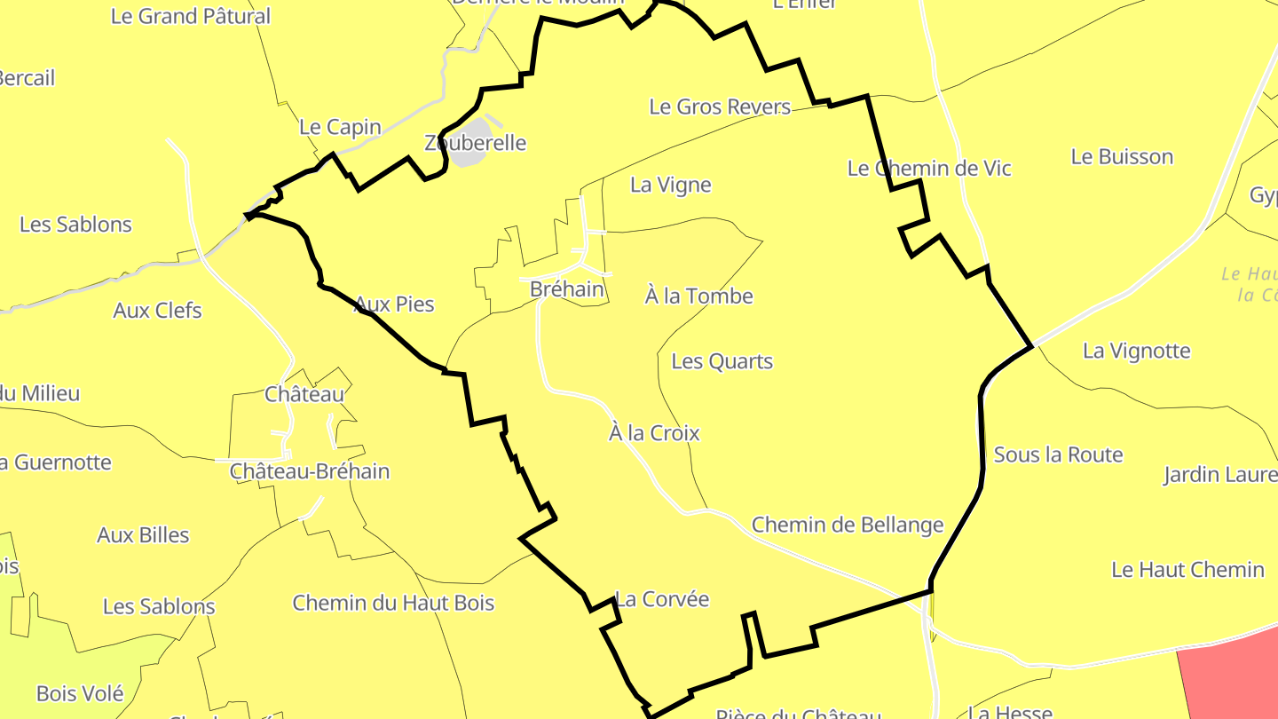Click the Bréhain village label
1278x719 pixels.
click(x=566, y=289)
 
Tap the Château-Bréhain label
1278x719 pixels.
click(x=310, y=471)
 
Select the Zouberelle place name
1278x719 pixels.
click(x=476, y=143)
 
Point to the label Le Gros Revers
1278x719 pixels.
click(x=720, y=107)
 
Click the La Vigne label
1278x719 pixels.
click(x=671, y=185)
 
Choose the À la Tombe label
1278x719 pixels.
click(x=699, y=296)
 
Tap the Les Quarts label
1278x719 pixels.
click(x=722, y=361)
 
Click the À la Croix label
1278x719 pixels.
click(x=654, y=433)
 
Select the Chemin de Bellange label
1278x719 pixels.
click(x=848, y=525)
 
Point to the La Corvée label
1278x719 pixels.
click(x=662, y=599)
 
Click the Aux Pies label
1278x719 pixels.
click(x=394, y=304)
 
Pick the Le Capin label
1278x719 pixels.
click(x=340, y=127)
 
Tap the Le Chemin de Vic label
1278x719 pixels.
click(x=929, y=169)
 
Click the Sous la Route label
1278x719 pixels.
click(x=1058, y=455)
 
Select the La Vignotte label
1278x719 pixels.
click(x=1136, y=351)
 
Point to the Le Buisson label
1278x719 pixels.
click(x=1122, y=157)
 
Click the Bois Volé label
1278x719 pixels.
click(x=80, y=693)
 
